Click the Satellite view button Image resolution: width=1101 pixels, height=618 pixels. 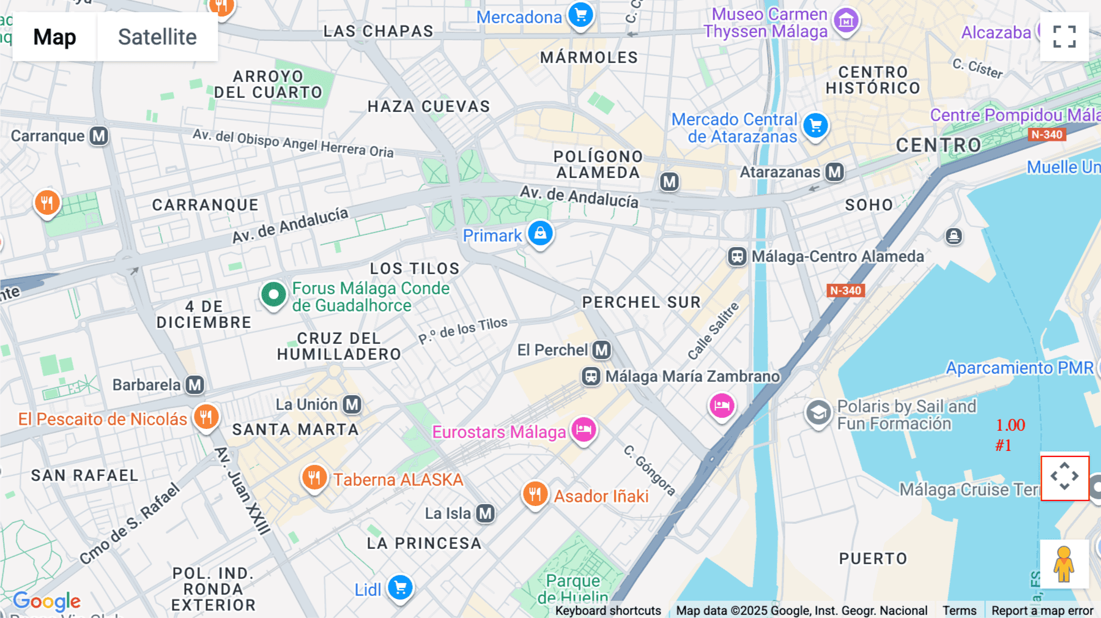(x=157, y=37)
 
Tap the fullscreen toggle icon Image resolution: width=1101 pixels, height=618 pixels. (x=1064, y=37)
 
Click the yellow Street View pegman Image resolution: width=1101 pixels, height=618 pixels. (x=1064, y=564)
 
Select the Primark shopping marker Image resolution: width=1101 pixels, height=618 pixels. (x=540, y=233)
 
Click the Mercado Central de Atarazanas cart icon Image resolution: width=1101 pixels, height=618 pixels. (x=815, y=125)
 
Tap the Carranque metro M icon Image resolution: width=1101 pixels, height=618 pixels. (x=98, y=136)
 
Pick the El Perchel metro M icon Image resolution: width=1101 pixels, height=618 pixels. (x=601, y=350)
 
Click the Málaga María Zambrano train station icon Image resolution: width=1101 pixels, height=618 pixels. (x=590, y=376)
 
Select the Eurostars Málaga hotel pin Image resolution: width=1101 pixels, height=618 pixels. (x=584, y=430)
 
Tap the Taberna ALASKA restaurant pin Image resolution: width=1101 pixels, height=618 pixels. (x=314, y=477)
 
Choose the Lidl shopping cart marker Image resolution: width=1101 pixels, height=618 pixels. (x=401, y=588)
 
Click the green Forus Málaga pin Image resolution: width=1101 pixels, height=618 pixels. (x=273, y=295)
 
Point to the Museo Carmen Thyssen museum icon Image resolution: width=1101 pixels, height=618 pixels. (x=846, y=21)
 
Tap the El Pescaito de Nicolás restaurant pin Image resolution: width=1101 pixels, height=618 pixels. (x=206, y=417)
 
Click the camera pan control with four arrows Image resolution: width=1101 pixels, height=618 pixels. (x=1064, y=477)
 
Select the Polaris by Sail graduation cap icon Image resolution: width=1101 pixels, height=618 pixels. (x=818, y=414)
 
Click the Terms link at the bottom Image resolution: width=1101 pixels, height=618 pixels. (x=959, y=610)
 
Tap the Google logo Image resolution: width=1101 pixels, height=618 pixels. (x=46, y=601)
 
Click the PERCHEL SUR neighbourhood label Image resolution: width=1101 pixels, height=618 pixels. (x=641, y=302)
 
